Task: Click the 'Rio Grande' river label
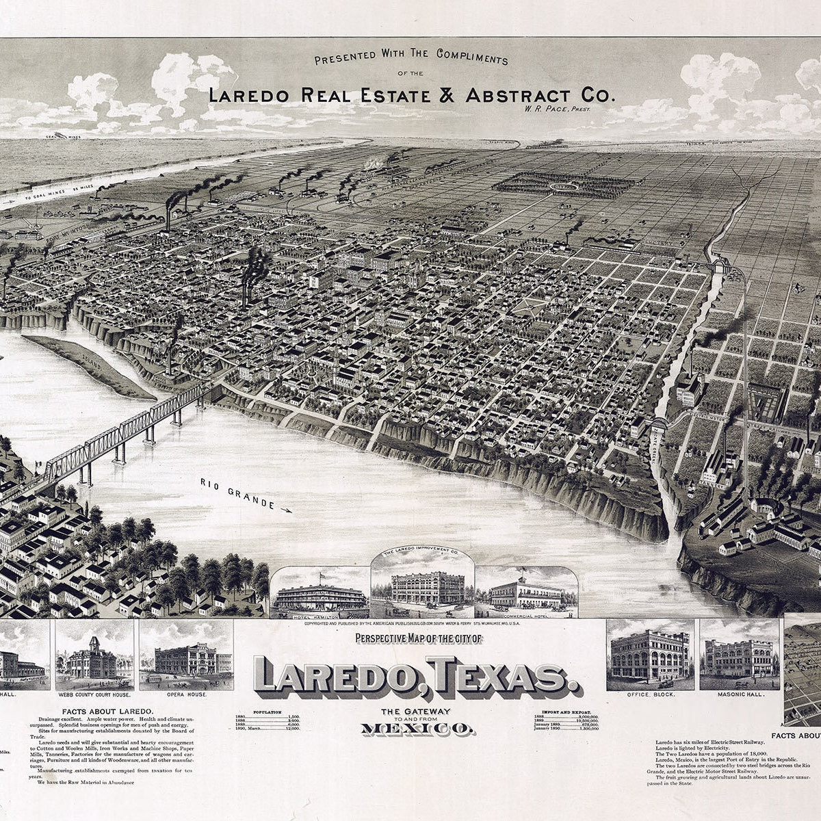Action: [x=236, y=494]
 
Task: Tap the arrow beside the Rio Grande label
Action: [x=285, y=509]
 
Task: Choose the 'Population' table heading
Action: [x=267, y=712]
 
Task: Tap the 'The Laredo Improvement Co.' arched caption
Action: [x=422, y=552]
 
